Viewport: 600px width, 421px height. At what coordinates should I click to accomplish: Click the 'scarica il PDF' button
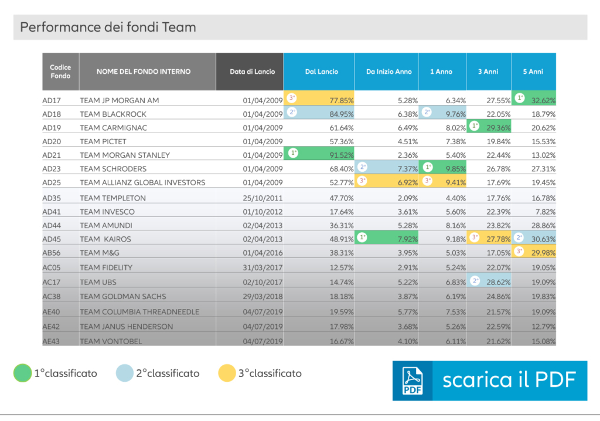489,380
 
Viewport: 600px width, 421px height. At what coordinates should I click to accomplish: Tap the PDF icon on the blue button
412,381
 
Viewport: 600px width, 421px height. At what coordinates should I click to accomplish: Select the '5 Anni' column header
533,72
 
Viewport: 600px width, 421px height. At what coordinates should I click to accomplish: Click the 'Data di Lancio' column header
250,72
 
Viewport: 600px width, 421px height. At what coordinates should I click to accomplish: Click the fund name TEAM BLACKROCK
113,114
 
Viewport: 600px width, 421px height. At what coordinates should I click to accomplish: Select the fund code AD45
52,239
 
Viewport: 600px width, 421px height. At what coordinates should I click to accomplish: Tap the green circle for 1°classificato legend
22,373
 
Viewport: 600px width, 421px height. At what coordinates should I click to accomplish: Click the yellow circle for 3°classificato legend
226,373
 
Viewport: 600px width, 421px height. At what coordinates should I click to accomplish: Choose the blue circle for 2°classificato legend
124,373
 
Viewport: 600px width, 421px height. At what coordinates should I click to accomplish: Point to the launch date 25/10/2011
263,198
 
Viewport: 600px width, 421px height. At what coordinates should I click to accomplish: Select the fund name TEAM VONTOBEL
111,341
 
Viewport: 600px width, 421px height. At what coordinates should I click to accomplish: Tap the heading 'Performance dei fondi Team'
108,27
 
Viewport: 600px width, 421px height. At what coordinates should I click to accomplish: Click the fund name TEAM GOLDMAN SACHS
123,297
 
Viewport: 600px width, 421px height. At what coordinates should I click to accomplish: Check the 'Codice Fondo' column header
60,72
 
